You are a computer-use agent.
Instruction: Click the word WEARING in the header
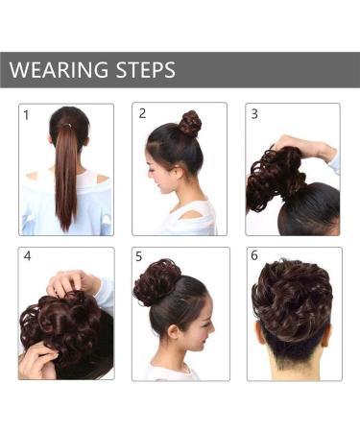pos(58,70)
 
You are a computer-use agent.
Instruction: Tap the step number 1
pos(27,115)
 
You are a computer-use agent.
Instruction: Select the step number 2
pos(142,113)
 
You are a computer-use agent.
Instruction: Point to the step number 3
pos(254,113)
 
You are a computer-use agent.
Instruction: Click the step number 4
pos(27,257)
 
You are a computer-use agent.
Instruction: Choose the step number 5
pos(140,257)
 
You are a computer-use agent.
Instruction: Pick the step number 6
pos(254,256)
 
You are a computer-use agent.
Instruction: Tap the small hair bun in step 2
pos(189,122)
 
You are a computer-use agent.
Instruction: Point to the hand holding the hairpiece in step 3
pos(307,149)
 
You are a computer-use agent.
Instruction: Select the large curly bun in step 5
pos(156,281)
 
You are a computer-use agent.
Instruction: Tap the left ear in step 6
pos(260,337)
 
